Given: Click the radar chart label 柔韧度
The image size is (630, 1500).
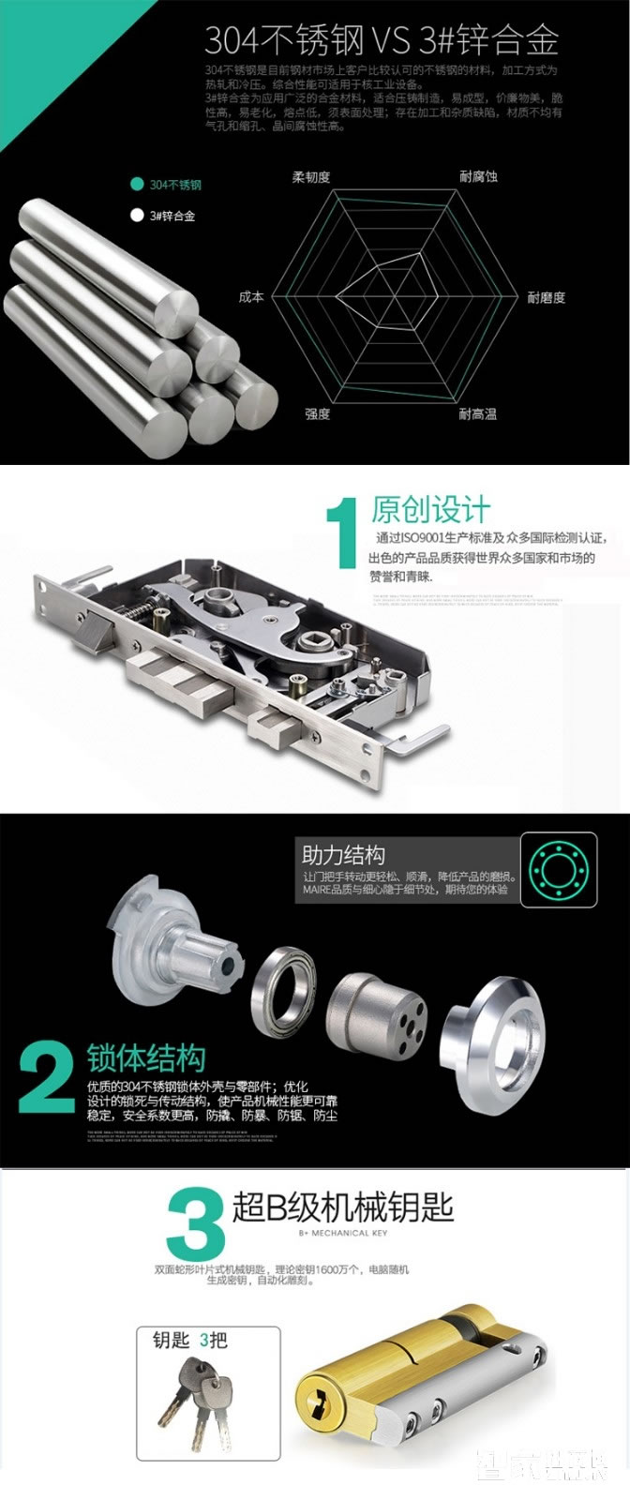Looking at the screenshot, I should point(310,177).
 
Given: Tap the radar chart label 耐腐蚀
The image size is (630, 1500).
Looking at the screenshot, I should point(478,177).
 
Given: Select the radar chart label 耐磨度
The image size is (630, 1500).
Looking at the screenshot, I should point(546,298).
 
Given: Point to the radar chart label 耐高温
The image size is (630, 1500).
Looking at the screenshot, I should point(477,413).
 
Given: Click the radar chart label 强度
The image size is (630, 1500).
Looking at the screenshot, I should point(317,413).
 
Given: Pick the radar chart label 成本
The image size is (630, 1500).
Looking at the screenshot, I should point(251,297).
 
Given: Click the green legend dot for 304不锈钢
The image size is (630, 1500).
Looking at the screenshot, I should point(137,185).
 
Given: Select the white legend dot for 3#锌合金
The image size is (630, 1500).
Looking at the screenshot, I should point(137,216).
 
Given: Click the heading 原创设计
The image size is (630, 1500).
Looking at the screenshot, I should point(430,510).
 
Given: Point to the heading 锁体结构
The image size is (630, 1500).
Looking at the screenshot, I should point(145,1058).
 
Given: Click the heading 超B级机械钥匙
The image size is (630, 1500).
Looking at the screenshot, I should point(342,1207).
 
